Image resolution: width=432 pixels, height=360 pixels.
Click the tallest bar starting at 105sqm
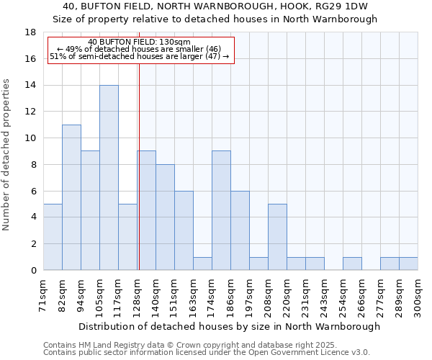pyautogui.click(x=109, y=178)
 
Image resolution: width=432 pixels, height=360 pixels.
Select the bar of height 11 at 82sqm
pyautogui.click(x=71, y=197)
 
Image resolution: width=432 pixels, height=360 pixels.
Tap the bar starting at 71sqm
pyautogui.click(x=53, y=237)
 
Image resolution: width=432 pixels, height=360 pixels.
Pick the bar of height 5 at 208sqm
pyautogui.click(x=277, y=237)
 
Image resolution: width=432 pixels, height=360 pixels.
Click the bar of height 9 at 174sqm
pyautogui.click(x=221, y=210)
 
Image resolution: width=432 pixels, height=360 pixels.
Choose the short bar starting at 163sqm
pyautogui.click(x=202, y=264)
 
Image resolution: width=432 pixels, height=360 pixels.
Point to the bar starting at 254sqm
pyautogui.click(x=352, y=264)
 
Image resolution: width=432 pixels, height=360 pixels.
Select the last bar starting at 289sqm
pyautogui.click(x=408, y=264)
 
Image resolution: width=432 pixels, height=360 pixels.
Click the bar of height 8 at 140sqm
pyautogui.click(x=165, y=217)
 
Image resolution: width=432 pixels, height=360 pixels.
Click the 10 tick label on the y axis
pyautogui.click(x=30, y=138)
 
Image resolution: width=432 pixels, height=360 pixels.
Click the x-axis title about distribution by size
pyautogui.click(x=229, y=326)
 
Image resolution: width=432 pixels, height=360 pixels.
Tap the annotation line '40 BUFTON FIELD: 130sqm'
pyautogui.click(x=140, y=42)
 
